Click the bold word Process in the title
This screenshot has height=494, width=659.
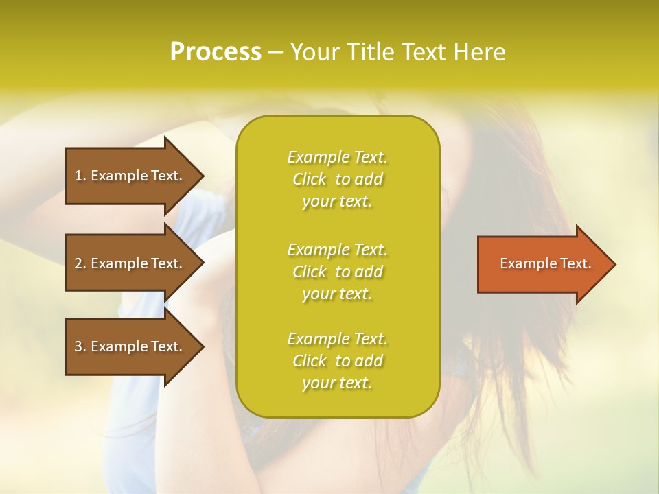click(216, 52)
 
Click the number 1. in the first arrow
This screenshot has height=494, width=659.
click(80, 176)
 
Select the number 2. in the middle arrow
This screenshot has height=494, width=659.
click(80, 263)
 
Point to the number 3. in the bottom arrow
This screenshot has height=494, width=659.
click(80, 346)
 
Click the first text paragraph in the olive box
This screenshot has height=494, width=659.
click(337, 179)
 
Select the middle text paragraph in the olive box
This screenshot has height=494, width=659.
click(337, 272)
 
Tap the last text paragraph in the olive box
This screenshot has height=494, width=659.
click(337, 361)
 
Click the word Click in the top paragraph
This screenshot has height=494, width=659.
click(310, 179)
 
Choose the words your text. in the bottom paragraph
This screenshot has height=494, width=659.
click(337, 384)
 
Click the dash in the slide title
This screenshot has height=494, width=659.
click(276, 52)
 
